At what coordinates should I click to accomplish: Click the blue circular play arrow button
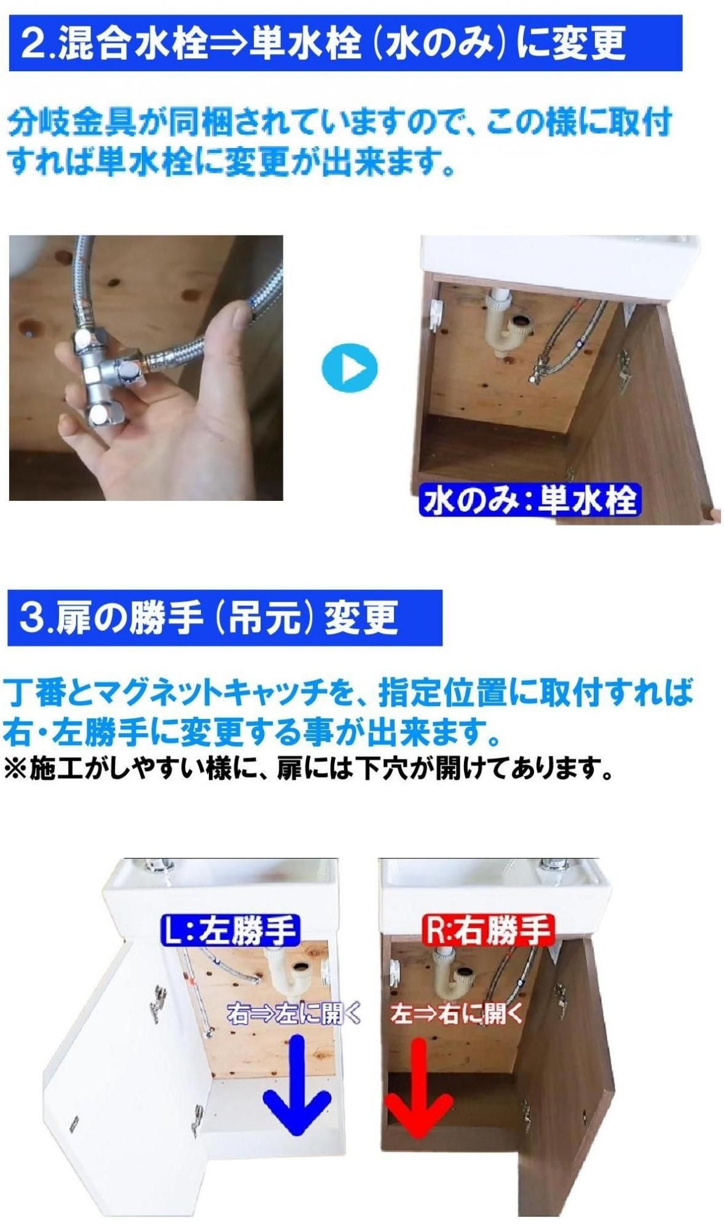click(x=349, y=368)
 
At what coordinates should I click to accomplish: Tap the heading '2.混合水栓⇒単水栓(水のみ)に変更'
click(x=323, y=43)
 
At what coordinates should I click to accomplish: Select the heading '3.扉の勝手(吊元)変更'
click(x=208, y=617)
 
